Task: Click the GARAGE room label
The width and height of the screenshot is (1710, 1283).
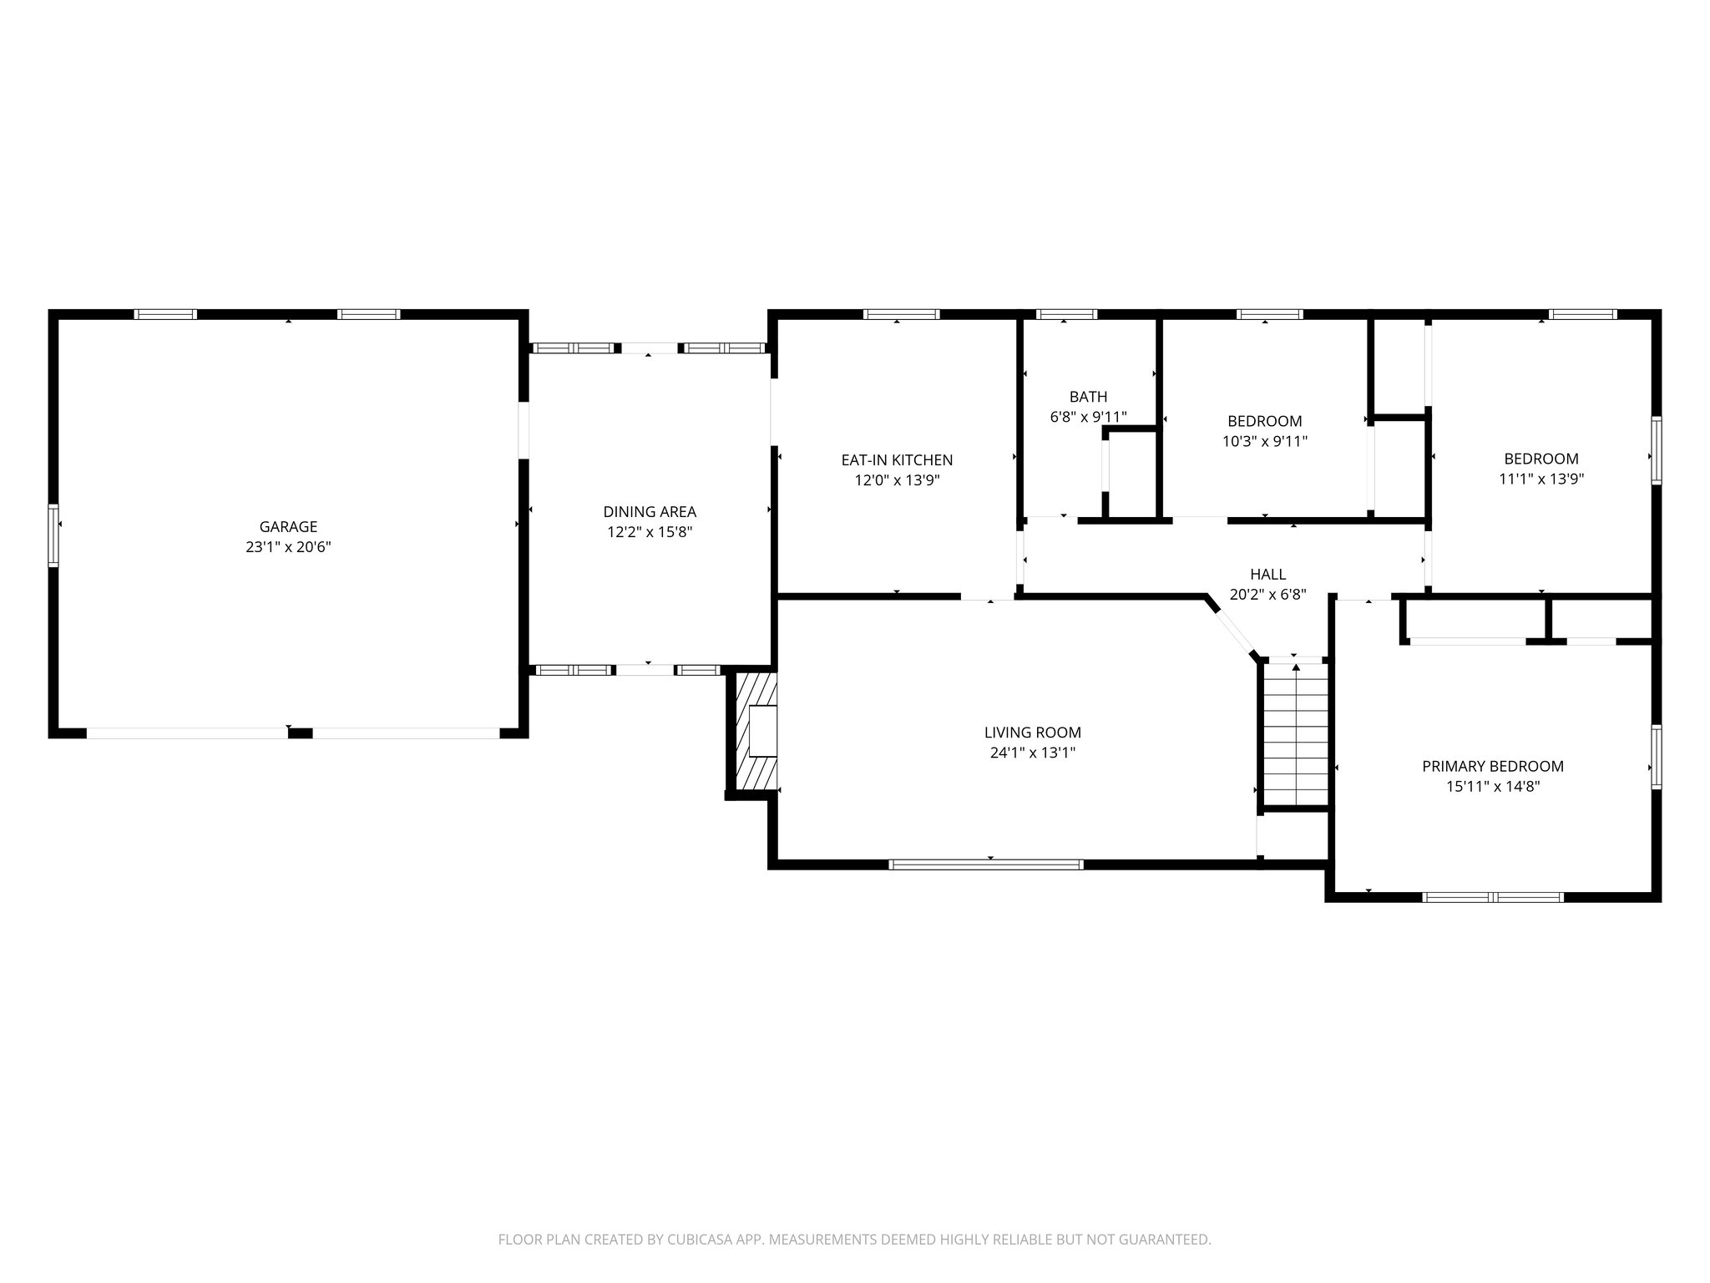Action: click(x=288, y=526)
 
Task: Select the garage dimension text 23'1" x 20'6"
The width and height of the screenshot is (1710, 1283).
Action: click(x=288, y=547)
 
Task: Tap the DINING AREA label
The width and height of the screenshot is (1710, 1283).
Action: click(x=650, y=512)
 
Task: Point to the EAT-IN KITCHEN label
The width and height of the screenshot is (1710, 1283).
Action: click(x=897, y=460)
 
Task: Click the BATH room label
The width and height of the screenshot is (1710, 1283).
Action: click(x=1088, y=397)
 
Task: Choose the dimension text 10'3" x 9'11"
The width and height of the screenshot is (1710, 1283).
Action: click(x=1264, y=441)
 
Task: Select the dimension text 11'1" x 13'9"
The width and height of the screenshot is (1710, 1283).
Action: click(x=1541, y=479)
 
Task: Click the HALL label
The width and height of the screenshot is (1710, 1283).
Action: click(x=1267, y=575)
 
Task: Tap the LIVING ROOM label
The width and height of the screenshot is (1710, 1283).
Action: click(x=1032, y=733)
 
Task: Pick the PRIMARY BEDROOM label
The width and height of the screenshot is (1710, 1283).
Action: click(x=1493, y=766)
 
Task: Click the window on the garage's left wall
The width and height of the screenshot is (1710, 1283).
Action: click(x=53, y=535)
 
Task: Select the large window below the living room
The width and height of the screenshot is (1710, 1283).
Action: click(x=986, y=865)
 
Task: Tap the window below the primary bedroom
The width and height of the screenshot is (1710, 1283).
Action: click(x=1492, y=897)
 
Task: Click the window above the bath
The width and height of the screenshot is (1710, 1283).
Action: click(x=1066, y=315)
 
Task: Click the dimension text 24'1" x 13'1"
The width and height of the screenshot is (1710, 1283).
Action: click(x=1032, y=753)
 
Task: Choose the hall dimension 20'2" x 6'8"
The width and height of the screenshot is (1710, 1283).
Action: click(x=1267, y=595)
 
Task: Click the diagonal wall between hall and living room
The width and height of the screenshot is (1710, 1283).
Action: click(x=1232, y=626)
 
